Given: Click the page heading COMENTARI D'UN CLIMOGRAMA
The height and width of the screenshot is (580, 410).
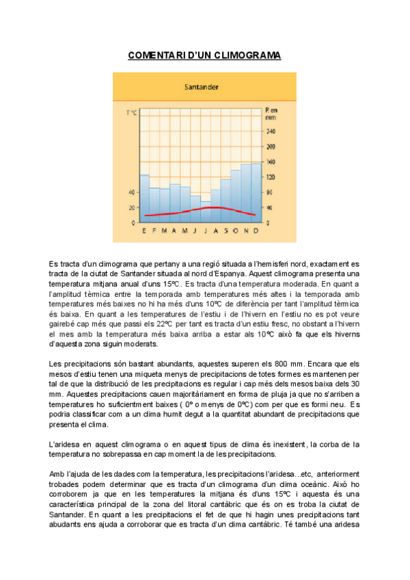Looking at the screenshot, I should tap(204, 55).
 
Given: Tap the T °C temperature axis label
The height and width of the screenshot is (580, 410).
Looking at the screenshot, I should tap(131, 112).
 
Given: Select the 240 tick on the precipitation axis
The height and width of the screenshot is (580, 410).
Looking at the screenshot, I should tap(270, 131).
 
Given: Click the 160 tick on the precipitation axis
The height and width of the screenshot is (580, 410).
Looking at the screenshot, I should tap(270, 162).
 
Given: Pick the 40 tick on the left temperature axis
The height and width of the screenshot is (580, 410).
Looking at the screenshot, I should tap(131, 192).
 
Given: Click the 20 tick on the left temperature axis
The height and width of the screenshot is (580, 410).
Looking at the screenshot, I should tap(131, 208).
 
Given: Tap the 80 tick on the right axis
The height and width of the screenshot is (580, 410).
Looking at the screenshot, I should tap(270, 193).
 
